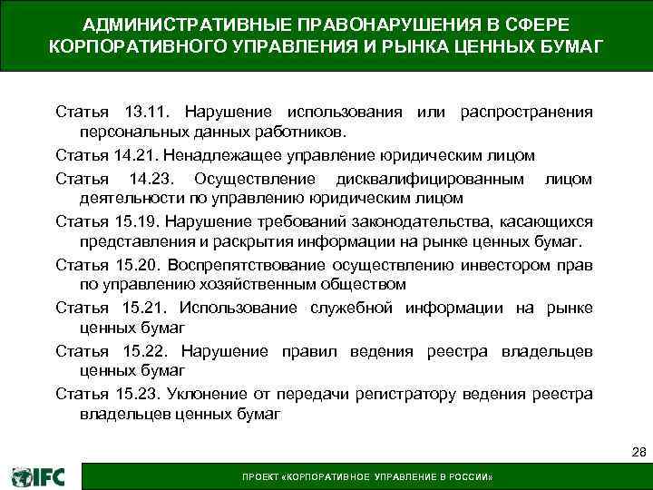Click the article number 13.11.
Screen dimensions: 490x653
click(x=142, y=113)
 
